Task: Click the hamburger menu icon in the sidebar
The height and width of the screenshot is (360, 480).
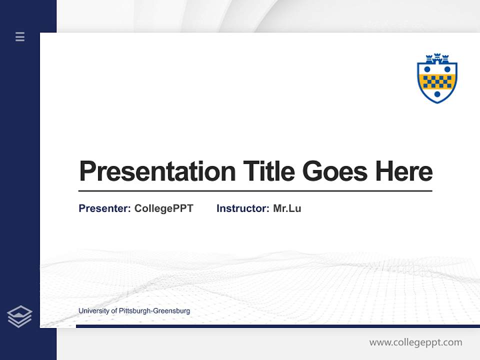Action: click(x=20, y=36)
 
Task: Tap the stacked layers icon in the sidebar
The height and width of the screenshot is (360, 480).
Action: click(x=19, y=316)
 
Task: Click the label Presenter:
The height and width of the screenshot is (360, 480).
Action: click(x=105, y=208)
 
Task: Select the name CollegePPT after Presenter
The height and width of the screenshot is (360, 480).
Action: click(x=163, y=208)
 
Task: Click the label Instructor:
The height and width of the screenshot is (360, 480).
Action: click(x=243, y=208)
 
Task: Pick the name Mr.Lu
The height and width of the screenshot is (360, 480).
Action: click(x=287, y=208)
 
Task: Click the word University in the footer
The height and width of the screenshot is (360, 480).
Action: click(x=94, y=311)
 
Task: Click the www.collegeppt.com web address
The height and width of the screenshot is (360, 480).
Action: click(x=415, y=342)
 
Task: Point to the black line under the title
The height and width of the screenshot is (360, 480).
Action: click(x=255, y=191)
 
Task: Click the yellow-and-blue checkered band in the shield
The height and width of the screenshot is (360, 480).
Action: click(x=437, y=81)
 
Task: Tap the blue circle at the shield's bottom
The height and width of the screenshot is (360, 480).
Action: click(x=437, y=94)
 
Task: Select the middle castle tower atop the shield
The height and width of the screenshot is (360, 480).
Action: click(x=437, y=56)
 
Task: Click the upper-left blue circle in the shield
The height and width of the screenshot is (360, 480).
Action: click(x=427, y=69)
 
